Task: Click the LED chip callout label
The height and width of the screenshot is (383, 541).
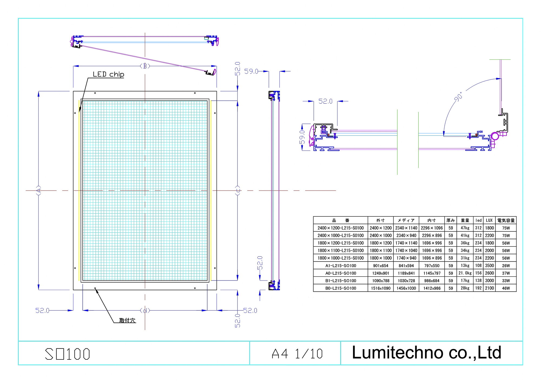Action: (x=108, y=74)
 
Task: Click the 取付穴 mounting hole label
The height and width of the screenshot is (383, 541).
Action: (x=127, y=320)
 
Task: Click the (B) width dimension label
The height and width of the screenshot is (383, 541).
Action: (x=145, y=66)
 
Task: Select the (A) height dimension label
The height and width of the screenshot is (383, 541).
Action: (x=39, y=190)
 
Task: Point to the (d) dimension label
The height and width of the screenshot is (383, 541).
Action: (x=145, y=310)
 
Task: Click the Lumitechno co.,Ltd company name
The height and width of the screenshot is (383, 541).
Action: (x=427, y=353)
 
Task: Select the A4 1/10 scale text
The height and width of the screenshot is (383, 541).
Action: (x=297, y=354)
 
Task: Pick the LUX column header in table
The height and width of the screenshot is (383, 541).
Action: (x=489, y=220)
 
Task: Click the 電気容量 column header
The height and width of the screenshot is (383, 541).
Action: (x=506, y=220)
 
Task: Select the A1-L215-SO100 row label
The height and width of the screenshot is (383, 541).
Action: (x=341, y=266)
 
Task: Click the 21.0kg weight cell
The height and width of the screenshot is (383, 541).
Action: (x=465, y=273)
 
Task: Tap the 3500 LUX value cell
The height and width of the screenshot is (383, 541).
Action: (x=489, y=266)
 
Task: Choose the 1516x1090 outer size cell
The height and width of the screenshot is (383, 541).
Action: (x=381, y=288)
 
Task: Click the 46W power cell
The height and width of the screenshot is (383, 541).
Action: (x=506, y=288)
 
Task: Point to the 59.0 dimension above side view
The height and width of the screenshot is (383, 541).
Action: (x=251, y=72)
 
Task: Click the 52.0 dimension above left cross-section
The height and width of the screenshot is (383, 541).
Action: (x=325, y=101)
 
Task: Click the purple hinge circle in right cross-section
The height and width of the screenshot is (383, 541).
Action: (x=495, y=136)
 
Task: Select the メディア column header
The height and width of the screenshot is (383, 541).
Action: (x=406, y=220)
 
